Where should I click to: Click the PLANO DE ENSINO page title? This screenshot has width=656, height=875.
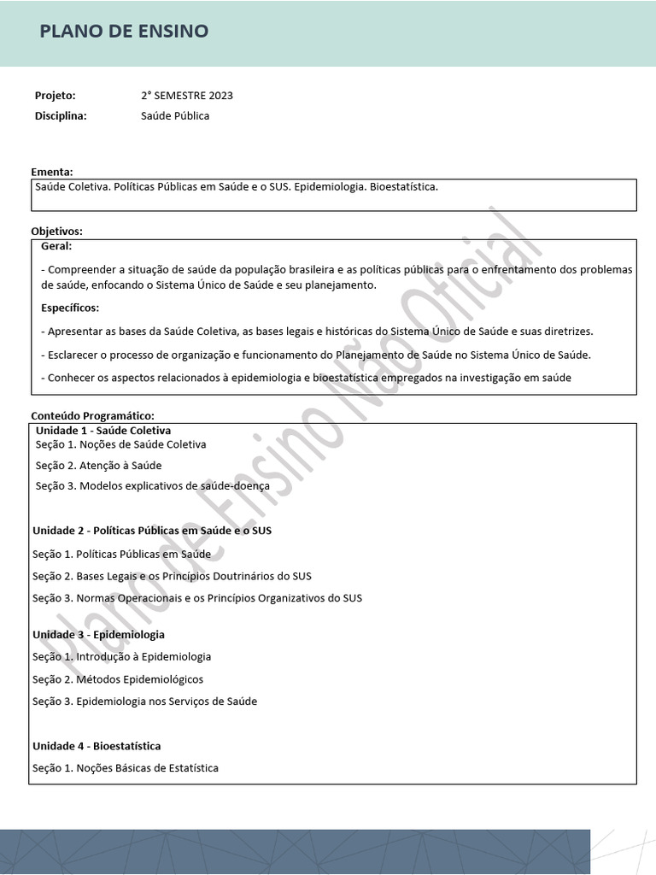124,32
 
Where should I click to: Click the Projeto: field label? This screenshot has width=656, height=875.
55,95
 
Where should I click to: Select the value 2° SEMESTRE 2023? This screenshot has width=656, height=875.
187,95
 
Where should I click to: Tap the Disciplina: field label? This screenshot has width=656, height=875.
61,115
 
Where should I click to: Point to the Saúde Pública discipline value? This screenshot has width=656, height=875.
175,115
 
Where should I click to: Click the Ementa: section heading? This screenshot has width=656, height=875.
52,172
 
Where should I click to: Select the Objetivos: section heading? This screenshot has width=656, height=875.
56,232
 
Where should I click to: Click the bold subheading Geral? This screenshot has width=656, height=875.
56,245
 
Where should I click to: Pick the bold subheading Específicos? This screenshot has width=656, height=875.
70,308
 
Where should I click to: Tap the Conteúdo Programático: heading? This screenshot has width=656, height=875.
92,415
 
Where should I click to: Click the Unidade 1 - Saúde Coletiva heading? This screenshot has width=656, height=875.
103,430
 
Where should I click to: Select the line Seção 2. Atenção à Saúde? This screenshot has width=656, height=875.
98,466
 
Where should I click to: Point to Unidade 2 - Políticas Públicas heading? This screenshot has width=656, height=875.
152,531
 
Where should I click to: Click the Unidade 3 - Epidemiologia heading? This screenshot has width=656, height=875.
98,635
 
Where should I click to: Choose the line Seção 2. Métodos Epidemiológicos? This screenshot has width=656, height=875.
118,679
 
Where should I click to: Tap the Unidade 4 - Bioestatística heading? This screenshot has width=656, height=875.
97,746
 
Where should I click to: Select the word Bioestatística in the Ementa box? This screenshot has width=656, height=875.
403,185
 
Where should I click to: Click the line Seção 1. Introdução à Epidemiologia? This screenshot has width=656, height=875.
121,657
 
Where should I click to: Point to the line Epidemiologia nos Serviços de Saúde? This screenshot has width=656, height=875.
144,702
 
